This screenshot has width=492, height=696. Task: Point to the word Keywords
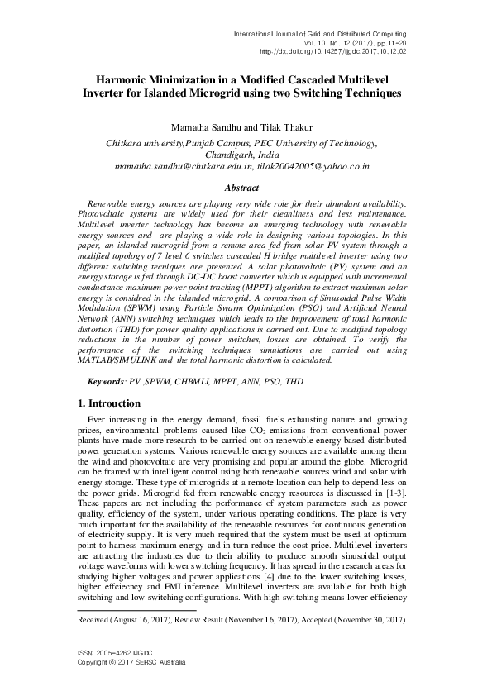tap(107, 384)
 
